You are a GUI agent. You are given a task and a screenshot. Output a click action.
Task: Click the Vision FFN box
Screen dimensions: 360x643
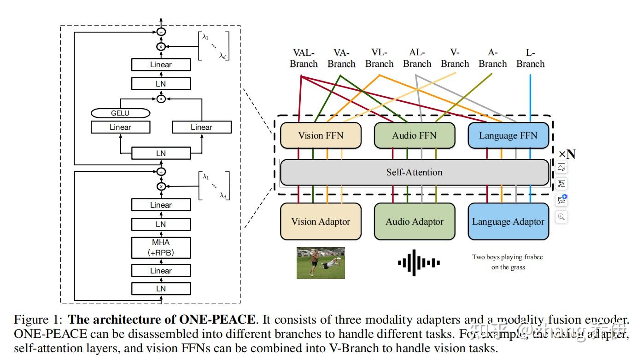point(320,135)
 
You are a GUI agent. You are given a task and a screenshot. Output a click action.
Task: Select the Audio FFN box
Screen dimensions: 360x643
point(414,135)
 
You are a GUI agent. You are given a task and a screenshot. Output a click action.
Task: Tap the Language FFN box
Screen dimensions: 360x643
point(508,135)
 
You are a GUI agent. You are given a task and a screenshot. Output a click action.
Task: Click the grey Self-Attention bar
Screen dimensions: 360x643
point(414,172)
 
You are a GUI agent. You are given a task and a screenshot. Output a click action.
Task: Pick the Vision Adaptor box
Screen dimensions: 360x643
point(320,221)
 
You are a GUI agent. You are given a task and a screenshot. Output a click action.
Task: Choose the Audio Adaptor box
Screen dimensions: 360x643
point(414,221)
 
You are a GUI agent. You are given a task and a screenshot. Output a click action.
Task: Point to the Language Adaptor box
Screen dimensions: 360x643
point(508,221)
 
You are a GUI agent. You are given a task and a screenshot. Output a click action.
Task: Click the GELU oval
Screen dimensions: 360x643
point(121,113)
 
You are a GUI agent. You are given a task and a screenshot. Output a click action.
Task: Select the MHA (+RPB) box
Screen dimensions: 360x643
point(161,248)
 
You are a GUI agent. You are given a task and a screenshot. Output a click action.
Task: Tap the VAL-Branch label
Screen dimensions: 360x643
point(304,58)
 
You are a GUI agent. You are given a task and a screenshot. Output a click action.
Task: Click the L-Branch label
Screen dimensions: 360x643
point(530,58)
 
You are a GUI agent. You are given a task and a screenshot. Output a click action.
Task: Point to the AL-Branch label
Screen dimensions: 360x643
point(417,58)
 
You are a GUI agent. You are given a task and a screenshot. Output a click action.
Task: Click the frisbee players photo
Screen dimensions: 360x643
point(320,263)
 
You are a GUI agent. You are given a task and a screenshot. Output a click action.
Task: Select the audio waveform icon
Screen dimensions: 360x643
point(419,262)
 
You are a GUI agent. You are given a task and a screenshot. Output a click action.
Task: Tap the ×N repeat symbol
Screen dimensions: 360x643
point(567,154)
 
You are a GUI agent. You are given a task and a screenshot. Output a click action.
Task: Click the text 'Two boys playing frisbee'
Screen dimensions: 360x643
point(508,257)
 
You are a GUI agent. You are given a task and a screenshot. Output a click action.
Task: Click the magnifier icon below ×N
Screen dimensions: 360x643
point(561,216)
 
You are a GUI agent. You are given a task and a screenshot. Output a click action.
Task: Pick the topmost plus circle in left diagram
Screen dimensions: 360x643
point(161,32)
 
